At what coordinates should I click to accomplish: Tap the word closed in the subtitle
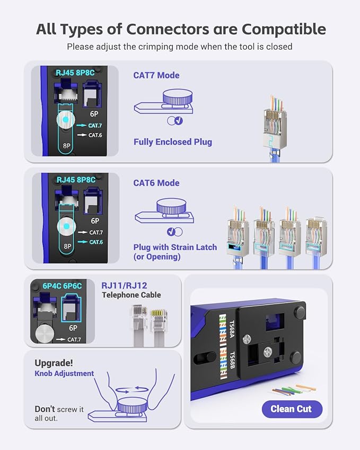point(279,47)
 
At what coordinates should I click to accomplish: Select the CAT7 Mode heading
point(156,75)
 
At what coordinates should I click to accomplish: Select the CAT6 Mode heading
point(156,183)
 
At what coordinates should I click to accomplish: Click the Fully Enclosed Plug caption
point(172,142)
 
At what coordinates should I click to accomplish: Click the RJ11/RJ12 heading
point(124,285)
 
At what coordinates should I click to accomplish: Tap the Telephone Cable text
point(131,295)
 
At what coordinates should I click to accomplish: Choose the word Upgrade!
point(54,363)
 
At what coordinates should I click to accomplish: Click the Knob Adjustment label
point(64,373)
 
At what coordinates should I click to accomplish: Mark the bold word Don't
point(45,409)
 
